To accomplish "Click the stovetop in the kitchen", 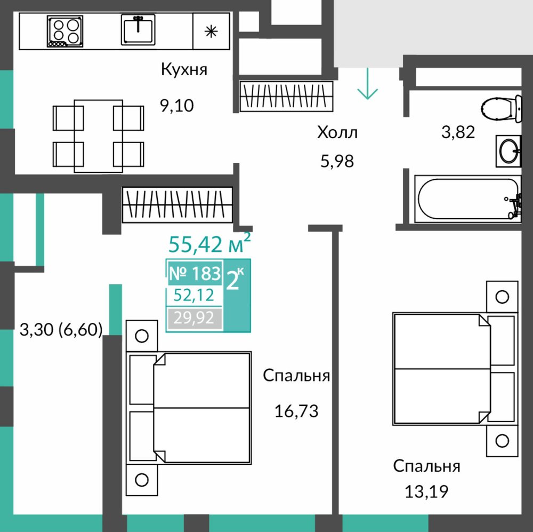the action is [65, 31].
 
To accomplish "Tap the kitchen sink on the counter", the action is [138, 29].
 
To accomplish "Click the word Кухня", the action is [184, 69].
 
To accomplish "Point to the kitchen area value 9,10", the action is [177, 106].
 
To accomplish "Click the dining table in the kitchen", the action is [98, 136].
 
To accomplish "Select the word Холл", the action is [337, 132].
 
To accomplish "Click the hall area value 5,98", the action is [337, 161].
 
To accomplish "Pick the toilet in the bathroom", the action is [501, 108].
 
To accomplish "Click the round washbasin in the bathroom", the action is [508, 151].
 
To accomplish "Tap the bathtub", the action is [468, 199].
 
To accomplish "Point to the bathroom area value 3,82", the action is [458, 132].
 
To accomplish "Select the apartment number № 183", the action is [195, 273].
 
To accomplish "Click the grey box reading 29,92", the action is [195, 318].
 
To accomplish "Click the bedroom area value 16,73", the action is [296, 411].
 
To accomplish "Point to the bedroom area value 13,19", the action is [426, 491].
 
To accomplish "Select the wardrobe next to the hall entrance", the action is [286, 96].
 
